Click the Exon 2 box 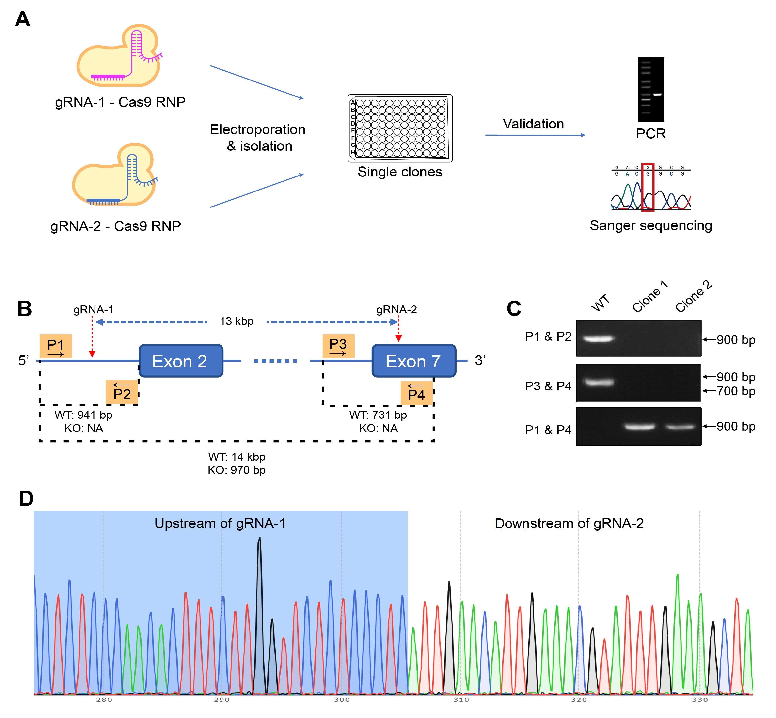coord(181,361)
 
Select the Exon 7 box coord(414,361)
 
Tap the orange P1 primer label coord(56,346)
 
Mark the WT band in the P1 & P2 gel coord(598,339)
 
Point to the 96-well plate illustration coord(400,128)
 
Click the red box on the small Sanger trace coord(648,187)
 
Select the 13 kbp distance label coord(237,321)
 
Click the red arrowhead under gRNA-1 coord(92,354)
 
